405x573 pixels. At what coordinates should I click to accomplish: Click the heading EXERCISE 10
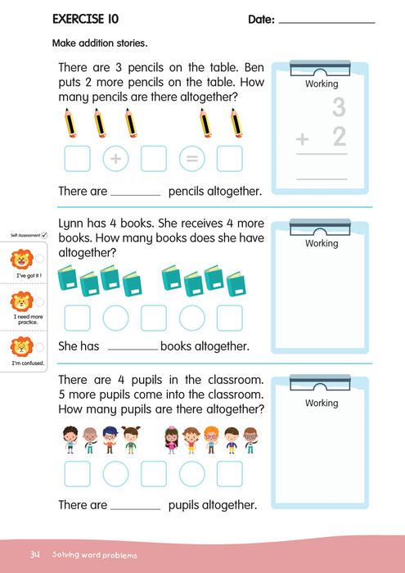point(84,18)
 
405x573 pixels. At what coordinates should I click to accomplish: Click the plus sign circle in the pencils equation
point(115,158)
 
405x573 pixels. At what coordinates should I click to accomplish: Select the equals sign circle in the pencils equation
point(191,158)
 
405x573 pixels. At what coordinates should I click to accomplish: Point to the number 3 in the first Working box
point(337,107)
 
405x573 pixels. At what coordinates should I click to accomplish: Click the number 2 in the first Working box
point(339,138)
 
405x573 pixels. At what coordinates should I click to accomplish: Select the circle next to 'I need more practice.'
point(40,300)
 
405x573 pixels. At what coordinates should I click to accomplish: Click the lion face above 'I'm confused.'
point(20,346)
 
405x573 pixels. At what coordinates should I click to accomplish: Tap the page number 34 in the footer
point(34,554)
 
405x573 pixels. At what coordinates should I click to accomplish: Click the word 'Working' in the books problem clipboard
point(321,243)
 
